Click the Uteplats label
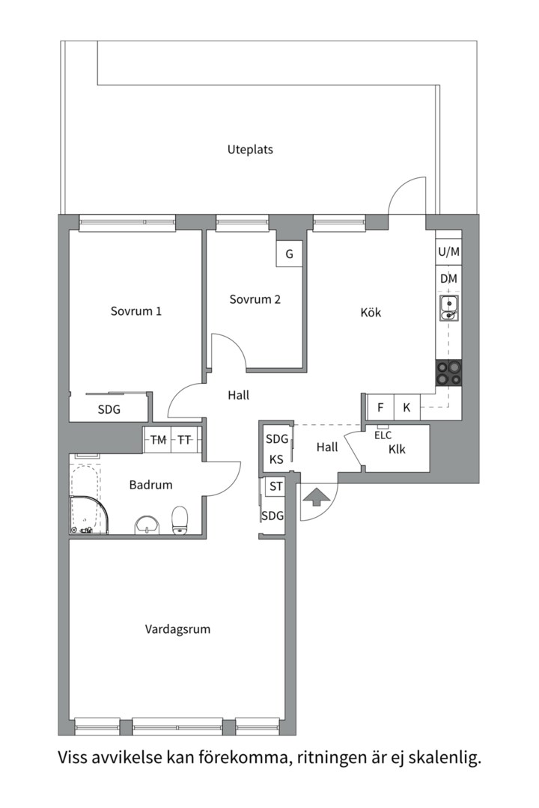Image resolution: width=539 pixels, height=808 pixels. [250, 150]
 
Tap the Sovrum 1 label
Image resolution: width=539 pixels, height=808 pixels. [136, 311]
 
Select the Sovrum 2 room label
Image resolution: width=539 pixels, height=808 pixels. [255, 299]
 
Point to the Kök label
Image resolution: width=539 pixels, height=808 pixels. [371, 312]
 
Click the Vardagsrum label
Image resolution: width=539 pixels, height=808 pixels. [177, 629]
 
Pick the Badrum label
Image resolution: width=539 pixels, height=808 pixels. [150, 485]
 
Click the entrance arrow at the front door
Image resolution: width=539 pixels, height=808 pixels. [317, 496]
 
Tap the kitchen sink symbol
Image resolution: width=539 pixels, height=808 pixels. [448, 307]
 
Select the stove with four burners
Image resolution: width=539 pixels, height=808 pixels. [448, 372]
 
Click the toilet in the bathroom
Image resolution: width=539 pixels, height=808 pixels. [180, 521]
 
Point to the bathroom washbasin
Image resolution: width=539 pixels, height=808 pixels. [147, 525]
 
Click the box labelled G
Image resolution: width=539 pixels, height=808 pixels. [289, 254]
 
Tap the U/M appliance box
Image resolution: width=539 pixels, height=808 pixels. [448, 252]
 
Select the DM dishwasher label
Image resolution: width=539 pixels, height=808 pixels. [448, 278]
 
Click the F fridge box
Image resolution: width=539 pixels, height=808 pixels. [380, 408]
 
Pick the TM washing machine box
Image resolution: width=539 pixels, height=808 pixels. [158, 440]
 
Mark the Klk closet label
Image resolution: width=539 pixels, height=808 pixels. [397, 450]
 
